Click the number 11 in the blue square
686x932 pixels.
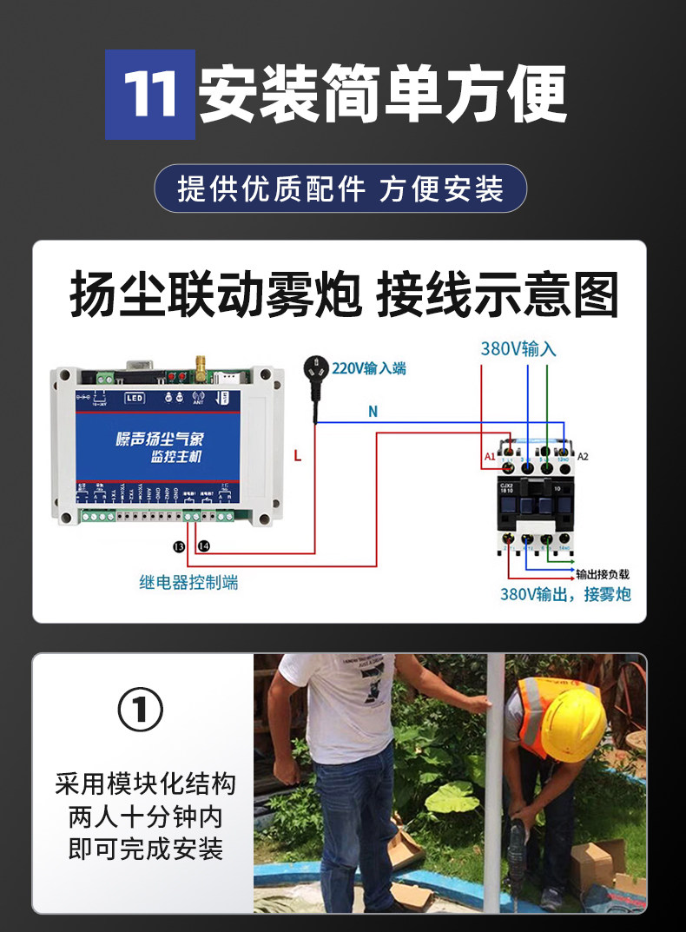click(x=150, y=95)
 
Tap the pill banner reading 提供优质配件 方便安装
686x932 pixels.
click(x=340, y=188)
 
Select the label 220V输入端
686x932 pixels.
click(x=369, y=368)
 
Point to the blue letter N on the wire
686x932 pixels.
click(x=373, y=412)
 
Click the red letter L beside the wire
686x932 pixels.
click(x=298, y=455)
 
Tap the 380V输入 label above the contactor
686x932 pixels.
click(x=518, y=349)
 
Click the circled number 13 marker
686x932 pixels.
click(x=179, y=546)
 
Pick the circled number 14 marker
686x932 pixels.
click(x=203, y=546)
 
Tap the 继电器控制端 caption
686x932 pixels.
click(x=188, y=583)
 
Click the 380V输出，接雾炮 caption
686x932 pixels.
click(x=565, y=595)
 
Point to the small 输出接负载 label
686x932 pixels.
click(x=603, y=574)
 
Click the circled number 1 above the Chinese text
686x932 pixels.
click(x=141, y=711)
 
